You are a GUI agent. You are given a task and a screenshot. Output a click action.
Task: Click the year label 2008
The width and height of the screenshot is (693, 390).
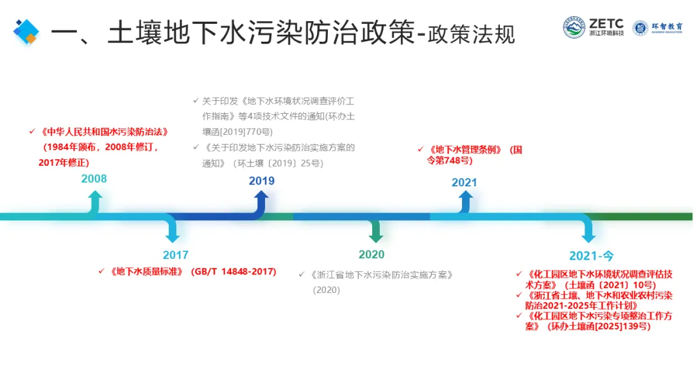94,179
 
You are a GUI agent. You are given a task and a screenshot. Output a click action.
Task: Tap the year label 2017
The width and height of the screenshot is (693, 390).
175,255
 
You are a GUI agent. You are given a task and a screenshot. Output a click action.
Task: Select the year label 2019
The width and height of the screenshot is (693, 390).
262,181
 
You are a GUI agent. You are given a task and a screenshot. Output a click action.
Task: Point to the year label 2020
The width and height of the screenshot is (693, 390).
372,254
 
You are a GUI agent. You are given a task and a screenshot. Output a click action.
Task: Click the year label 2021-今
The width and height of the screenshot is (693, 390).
591,256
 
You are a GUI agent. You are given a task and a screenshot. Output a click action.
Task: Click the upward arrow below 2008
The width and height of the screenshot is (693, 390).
95,202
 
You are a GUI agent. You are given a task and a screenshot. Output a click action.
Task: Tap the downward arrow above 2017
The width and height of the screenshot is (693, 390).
171,230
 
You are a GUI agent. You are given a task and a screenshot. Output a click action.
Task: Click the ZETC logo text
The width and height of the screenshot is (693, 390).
606,24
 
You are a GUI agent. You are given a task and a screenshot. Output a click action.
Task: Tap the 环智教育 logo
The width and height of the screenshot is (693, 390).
657,28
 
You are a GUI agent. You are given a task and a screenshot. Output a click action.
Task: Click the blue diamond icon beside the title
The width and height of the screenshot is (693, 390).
26,31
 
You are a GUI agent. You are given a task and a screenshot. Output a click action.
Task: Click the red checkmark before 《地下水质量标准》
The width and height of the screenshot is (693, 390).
101,272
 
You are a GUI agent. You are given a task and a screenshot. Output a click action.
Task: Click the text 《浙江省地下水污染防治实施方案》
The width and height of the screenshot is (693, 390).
383,275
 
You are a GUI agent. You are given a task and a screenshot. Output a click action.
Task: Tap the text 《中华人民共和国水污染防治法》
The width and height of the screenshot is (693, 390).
105,132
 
